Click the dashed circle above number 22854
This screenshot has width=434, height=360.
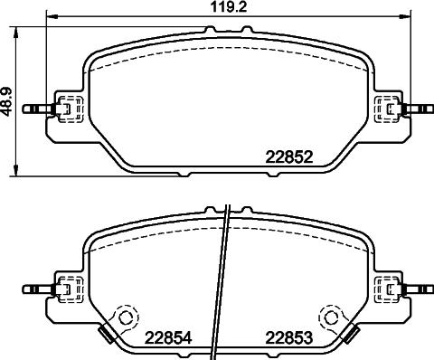(x=124, y=317)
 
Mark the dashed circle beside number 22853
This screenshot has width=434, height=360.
(x=332, y=317)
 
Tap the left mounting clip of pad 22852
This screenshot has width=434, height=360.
(x=66, y=109)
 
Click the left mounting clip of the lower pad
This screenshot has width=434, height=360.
(x=66, y=289)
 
